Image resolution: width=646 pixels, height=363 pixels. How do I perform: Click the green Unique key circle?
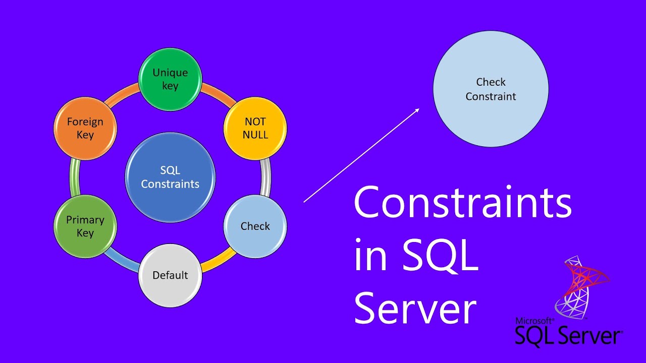tap(170, 79)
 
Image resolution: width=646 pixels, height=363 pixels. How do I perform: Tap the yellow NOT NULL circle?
tap(255, 128)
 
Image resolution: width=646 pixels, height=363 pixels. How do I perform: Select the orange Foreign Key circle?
tap(85, 128)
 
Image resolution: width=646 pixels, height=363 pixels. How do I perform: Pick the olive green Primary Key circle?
tap(85, 226)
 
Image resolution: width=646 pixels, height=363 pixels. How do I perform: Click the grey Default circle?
tap(170, 275)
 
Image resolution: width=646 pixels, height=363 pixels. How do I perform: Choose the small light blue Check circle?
tap(255, 226)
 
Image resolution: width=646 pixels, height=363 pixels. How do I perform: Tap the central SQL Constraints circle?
tap(170, 177)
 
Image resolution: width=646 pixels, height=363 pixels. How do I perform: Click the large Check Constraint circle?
tap(491, 89)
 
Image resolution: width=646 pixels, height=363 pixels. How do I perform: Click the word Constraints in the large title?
tap(462, 203)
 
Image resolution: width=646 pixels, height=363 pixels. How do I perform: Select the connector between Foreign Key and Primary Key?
tap(75, 177)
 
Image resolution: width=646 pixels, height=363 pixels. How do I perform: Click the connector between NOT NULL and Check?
tap(266, 177)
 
